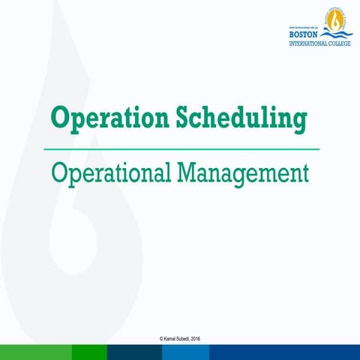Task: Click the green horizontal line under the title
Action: click(180, 148)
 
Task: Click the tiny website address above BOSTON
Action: click(303, 26)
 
